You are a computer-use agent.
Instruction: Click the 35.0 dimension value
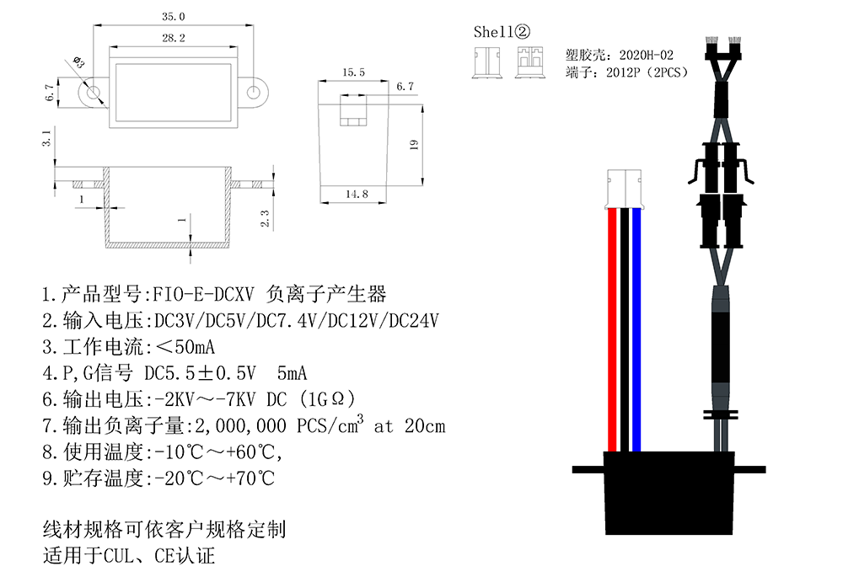[x=174, y=16]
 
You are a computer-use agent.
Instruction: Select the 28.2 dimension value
[x=174, y=38]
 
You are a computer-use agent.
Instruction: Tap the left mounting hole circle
[x=93, y=91]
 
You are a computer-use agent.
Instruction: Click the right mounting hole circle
[x=254, y=91]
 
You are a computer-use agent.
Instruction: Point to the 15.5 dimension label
[x=353, y=73]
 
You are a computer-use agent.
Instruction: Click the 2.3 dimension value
[x=265, y=218]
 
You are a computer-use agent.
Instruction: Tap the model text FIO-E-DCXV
[x=203, y=295]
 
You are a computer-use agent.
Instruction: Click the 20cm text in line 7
[x=424, y=425]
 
